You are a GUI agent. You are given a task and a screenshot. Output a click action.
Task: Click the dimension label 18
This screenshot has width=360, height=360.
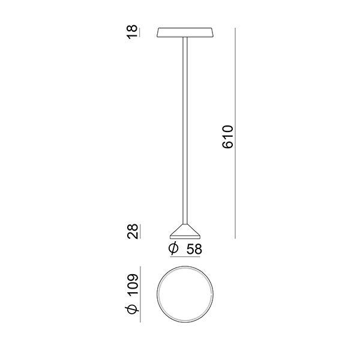pyautogui.click(x=133, y=32)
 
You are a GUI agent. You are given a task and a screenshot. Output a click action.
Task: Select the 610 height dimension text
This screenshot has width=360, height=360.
pyautogui.click(x=228, y=137)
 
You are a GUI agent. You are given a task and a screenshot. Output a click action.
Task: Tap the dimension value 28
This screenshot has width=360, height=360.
pyautogui.click(x=133, y=232)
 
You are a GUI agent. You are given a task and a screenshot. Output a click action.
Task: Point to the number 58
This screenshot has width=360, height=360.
pyautogui.click(x=194, y=249)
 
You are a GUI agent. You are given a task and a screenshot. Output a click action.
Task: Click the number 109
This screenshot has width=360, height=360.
pyautogui.click(x=133, y=284)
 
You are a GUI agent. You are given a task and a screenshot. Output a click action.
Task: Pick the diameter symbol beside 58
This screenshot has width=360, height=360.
pyautogui.click(x=173, y=248)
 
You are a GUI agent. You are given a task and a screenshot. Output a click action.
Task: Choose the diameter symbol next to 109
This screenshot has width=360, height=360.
pyautogui.click(x=133, y=310)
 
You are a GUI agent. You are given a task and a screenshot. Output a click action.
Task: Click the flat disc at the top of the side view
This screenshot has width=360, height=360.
pyautogui.click(x=185, y=32)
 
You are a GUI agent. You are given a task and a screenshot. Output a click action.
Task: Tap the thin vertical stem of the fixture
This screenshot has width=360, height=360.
pyautogui.click(x=185, y=130)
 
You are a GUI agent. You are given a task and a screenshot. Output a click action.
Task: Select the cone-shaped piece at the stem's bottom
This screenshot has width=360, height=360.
pyautogui.click(x=185, y=231)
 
